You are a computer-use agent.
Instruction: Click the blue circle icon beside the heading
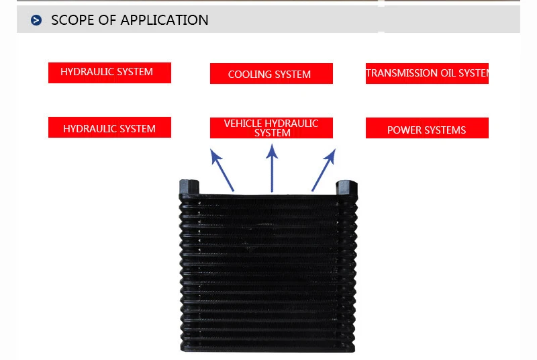pos(36,21)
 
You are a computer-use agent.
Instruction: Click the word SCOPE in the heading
pos(72,20)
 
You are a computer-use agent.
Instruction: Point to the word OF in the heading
pos(107,20)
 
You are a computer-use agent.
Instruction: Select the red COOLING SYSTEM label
pos(271,74)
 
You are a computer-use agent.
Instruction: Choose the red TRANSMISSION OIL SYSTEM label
pos(427,73)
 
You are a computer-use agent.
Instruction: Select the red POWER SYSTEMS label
pos(427,128)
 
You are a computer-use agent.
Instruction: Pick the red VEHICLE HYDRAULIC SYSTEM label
pos(271,128)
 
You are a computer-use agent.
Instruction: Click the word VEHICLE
pos(243,124)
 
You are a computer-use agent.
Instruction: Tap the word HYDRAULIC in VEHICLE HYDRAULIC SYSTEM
pos(291,124)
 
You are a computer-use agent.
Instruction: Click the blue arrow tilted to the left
pos(222,171)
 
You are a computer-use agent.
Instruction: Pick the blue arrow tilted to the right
pos(323,171)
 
